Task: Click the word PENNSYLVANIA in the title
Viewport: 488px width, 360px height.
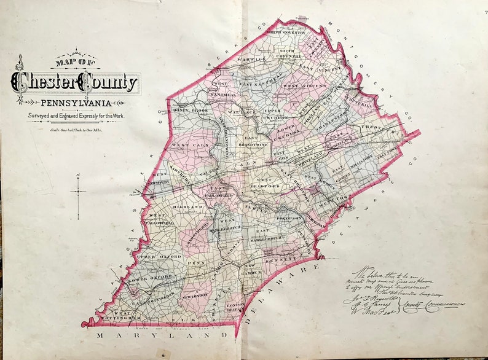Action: point(76,102)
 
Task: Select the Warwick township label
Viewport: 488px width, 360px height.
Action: point(251,61)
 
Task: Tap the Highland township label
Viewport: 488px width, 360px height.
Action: point(187,208)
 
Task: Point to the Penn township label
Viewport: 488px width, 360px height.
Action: point(195,262)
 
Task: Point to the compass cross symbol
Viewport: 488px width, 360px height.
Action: point(79,192)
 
